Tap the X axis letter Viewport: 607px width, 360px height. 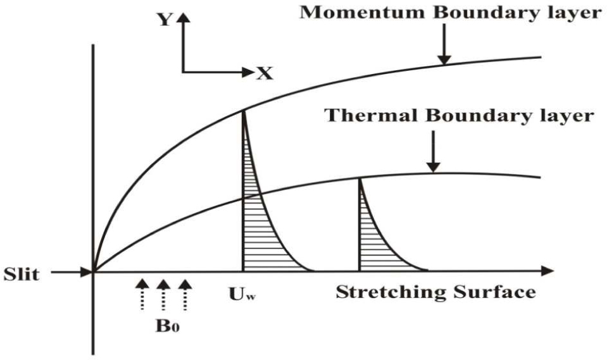[x=265, y=74]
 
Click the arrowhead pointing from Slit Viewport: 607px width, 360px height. [x=87, y=273]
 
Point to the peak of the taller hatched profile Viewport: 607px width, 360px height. [x=244, y=111]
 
